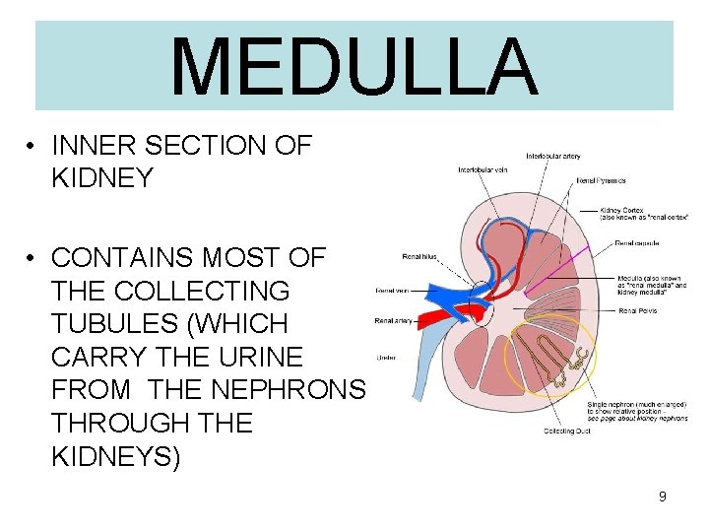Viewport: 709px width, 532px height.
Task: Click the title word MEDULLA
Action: [354, 66]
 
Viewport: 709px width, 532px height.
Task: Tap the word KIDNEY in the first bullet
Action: [102, 178]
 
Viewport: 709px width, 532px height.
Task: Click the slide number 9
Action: [663, 497]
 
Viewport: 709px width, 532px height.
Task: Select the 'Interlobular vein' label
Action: [484, 169]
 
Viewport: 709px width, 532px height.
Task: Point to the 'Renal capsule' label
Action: [637, 242]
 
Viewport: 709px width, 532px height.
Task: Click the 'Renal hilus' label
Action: [421, 256]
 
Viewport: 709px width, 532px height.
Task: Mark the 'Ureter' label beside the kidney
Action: [386, 357]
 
